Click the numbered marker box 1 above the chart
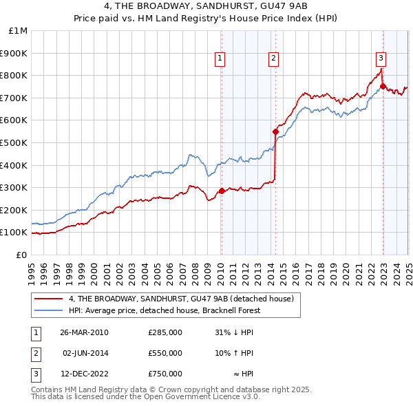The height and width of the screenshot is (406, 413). point(220,59)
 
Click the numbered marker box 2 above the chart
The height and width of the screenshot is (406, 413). point(274,59)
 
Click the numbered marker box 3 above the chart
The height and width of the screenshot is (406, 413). point(381,59)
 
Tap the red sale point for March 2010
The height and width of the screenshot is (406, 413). point(222,191)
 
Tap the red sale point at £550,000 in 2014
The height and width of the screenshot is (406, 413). point(275,131)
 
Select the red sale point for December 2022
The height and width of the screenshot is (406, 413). point(383,87)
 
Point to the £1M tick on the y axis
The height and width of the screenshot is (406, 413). point(19,31)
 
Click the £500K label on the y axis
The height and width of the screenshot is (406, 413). point(15,142)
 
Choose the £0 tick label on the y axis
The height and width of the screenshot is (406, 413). point(21,255)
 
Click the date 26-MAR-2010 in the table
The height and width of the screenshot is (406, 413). point(83,332)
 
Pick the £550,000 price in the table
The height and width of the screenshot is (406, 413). point(165,353)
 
